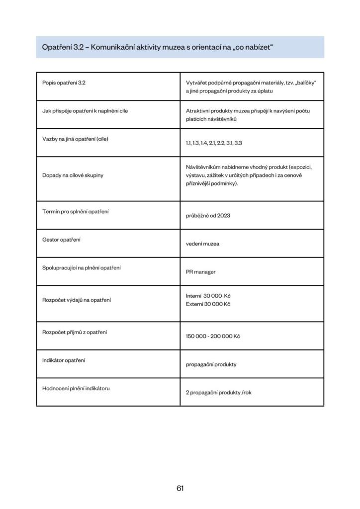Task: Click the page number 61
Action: [180, 488]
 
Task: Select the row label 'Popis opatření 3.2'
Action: [64, 83]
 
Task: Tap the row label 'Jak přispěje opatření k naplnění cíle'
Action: [85, 111]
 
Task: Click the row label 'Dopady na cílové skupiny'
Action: [73, 175]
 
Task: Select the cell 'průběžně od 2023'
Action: [208, 216]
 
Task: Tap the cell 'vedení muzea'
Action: [203, 244]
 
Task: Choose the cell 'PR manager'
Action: [201, 272]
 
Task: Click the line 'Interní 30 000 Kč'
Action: [208, 296]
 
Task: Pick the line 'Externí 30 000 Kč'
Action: [208, 304]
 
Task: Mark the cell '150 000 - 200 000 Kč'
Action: [213, 336]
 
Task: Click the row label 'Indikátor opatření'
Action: [64, 360]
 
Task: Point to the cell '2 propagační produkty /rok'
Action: [219, 392]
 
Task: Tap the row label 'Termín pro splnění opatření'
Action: [76, 212]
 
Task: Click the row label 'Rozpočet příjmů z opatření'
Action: [75, 332]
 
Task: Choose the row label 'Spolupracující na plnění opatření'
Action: [82, 268]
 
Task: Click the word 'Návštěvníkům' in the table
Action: [200, 167]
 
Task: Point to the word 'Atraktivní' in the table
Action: [197, 111]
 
